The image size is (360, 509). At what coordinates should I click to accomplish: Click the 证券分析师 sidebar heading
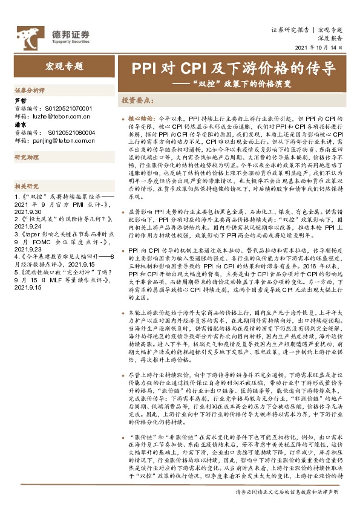pyautogui.click(x=30, y=89)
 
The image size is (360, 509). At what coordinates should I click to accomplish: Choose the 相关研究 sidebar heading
pyautogui.click(x=27, y=186)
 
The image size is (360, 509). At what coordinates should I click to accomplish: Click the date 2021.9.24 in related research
pyautogui.click(x=28, y=225)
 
